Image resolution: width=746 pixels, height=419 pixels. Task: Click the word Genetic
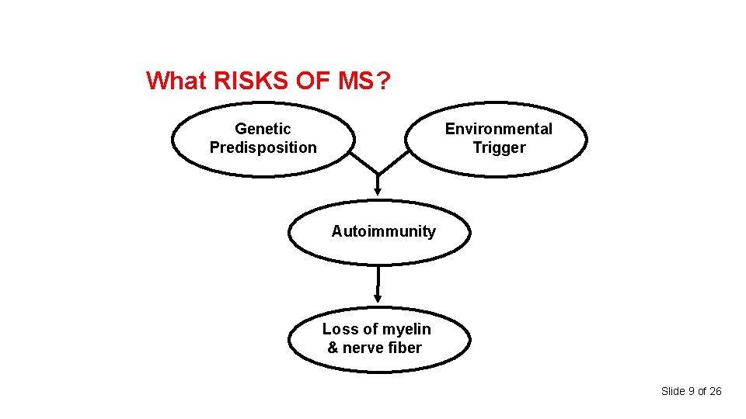[263, 129]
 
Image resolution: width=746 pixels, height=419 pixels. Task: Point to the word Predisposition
[263, 147]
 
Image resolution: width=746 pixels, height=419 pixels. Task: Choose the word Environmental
[498, 129]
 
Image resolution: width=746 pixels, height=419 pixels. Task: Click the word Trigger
[499, 147]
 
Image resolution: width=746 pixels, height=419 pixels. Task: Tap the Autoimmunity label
[383, 231]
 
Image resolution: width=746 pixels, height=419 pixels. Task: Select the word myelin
[403, 329]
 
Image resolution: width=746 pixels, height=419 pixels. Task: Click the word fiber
[404, 348]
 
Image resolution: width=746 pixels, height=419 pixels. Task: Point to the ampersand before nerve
[333, 348]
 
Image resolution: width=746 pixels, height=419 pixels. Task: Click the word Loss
[340, 329]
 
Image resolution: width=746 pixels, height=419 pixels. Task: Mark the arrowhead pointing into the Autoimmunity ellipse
[378, 189]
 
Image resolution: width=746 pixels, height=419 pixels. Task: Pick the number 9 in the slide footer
[690, 391]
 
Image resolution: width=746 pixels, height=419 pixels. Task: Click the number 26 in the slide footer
[716, 391]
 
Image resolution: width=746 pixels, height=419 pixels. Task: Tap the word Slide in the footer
[673, 391]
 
